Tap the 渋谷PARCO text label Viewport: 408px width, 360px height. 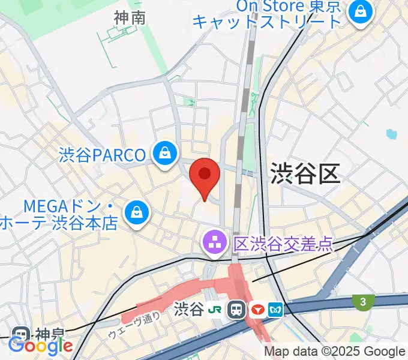coord(103,155)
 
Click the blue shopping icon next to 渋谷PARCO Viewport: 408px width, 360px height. coord(164,154)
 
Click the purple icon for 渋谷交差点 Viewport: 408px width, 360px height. coord(213,243)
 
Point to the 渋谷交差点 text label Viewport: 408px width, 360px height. coord(283,243)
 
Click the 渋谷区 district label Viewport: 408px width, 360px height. coord(305,173)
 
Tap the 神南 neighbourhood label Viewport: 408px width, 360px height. coord(130,18)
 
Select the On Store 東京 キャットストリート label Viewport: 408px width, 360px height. coord(268,13)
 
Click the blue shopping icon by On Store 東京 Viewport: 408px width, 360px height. coord(361,12)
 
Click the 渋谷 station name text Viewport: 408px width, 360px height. coord(189,310)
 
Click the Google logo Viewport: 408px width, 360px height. coord(41,346)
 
